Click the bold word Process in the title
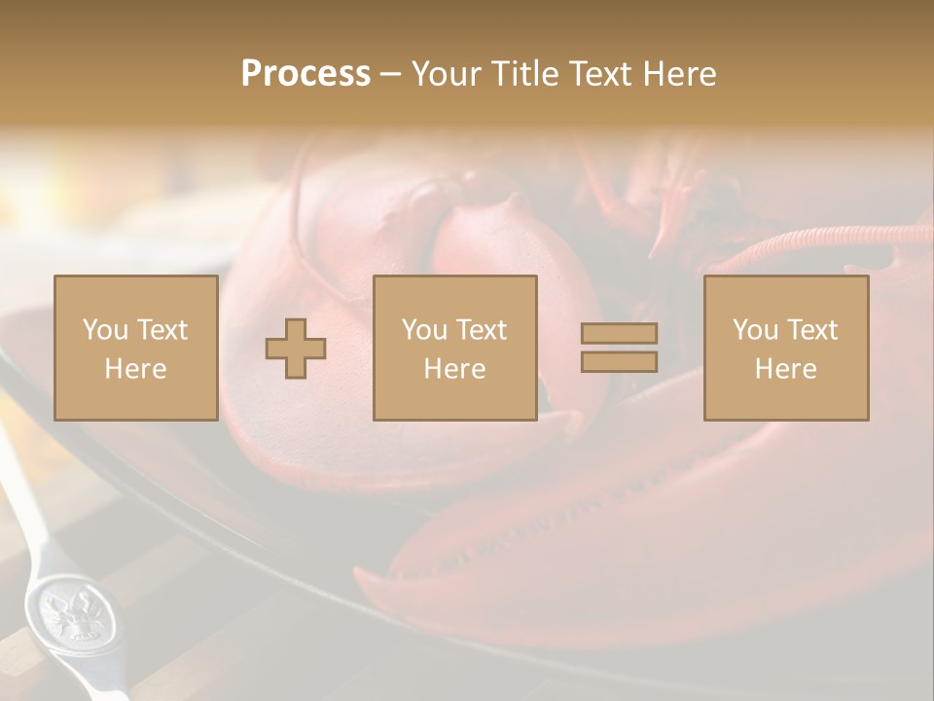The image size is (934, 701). click(x=305, y=74)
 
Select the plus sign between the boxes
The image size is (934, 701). click(x=296, y=349)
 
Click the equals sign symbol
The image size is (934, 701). click(x=619, y=348)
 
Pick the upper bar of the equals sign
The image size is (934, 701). click(x=619, y=334)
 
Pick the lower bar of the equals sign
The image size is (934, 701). click(x=619, y=361)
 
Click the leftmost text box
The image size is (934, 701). click(x=136, y=348)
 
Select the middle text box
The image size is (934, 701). click(x=454, y=348)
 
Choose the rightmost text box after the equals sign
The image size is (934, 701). click(x=786, y=348)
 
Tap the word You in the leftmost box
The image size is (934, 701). click(x=104, y=330)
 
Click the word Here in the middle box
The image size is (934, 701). click(x=454, y=369)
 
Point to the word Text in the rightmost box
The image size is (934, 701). click(x=813, y=330)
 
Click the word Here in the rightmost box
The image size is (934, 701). click(x=786, y=369)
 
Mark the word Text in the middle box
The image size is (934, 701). click(x=483, y=330)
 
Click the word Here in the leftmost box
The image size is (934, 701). click(x=136, y=369)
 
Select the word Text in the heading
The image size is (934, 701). click(x=601, y=74)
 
